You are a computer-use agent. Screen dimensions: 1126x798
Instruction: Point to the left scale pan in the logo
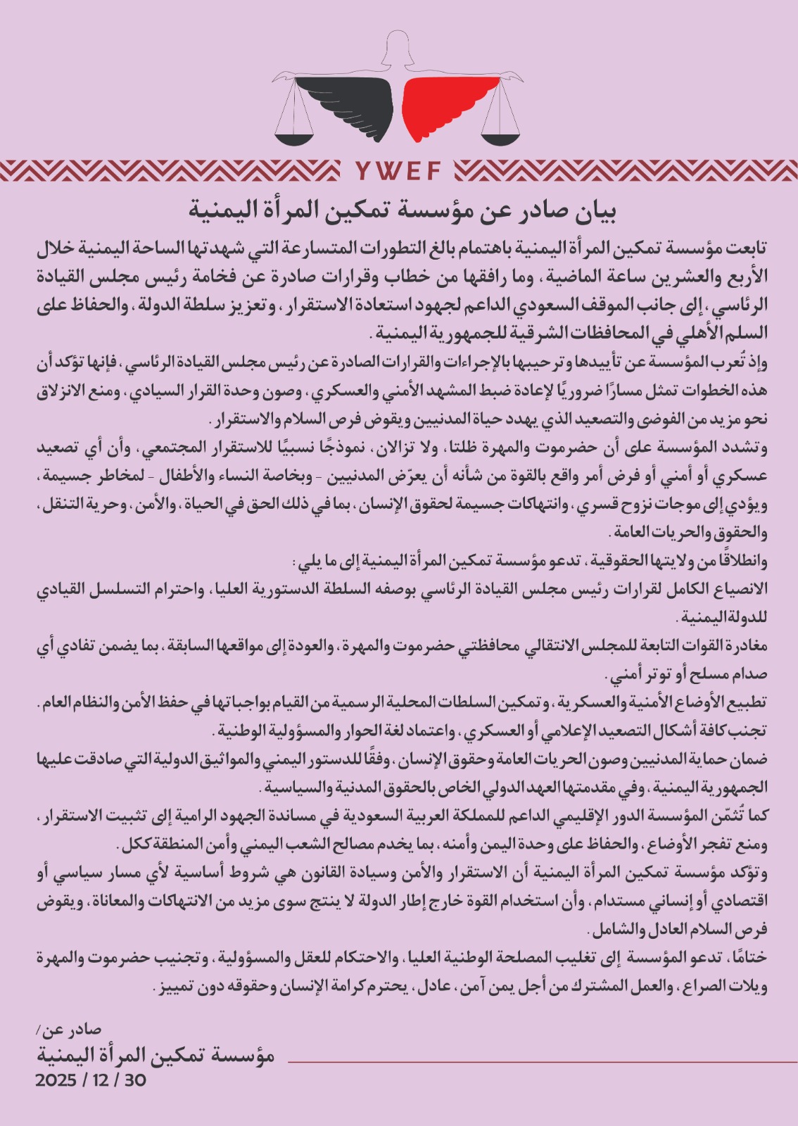[x=294, y=132]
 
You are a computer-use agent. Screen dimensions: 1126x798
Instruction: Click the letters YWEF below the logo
[x=398, y=171]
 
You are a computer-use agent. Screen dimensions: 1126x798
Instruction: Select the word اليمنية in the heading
[x=221, y=210]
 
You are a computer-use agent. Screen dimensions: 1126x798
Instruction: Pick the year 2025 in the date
[x=56, y=1080]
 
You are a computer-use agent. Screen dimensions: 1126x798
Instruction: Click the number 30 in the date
[x=134, y=1080]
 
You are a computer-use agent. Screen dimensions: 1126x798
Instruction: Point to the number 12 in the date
[x=100, y=1080]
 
